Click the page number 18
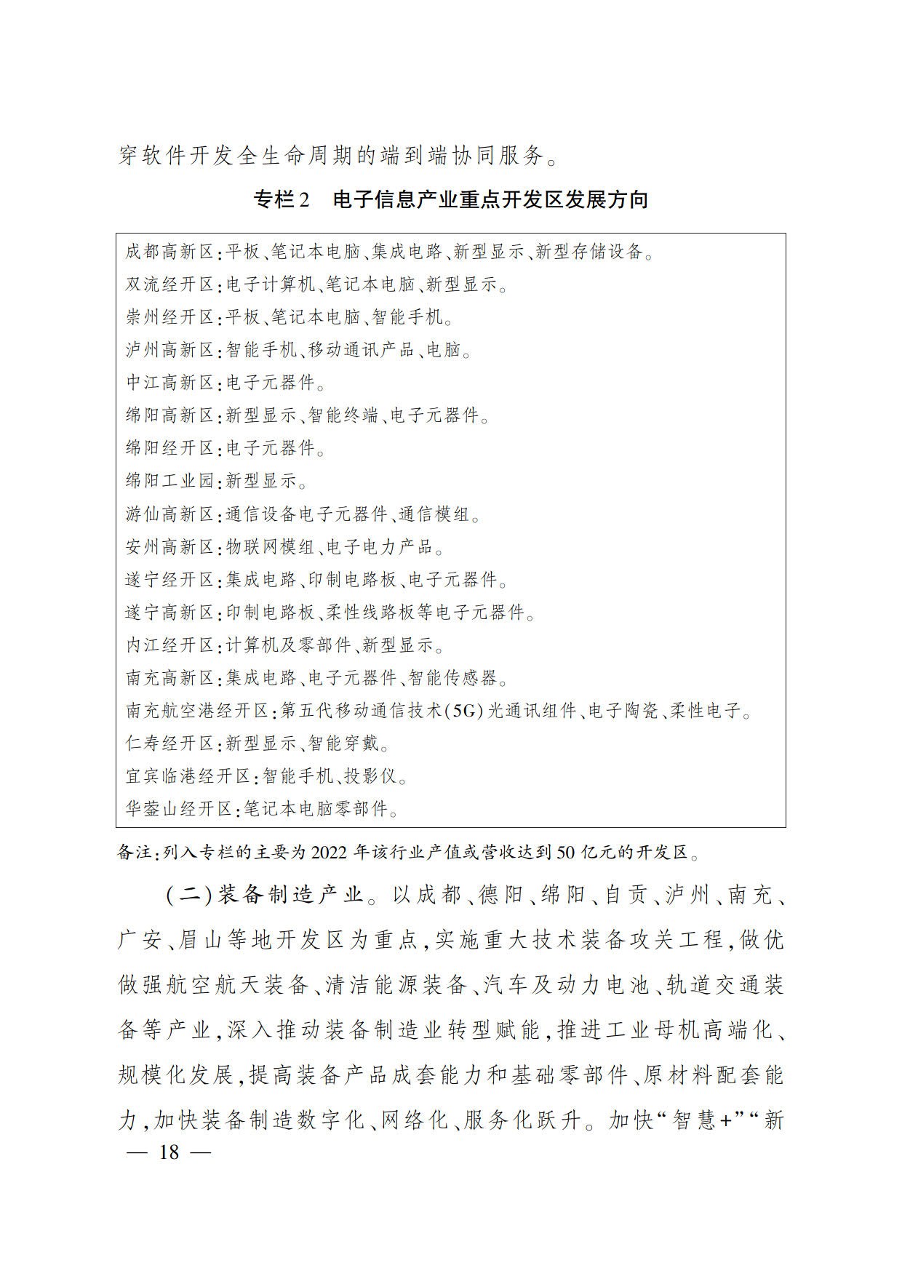point(169,1153)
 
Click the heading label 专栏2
point(282,199)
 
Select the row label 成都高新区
point(170,252)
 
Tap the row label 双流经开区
point(170,284)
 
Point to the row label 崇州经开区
point(170,317)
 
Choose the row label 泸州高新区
point(170,350)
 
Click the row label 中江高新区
point(170,383)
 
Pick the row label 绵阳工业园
point(170,481)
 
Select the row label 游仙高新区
point(170,514)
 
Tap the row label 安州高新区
point(170,546)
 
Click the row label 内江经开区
point(170,645)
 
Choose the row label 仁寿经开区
point(170,743)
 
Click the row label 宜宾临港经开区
point(188,776)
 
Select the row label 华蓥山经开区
point(179,808)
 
